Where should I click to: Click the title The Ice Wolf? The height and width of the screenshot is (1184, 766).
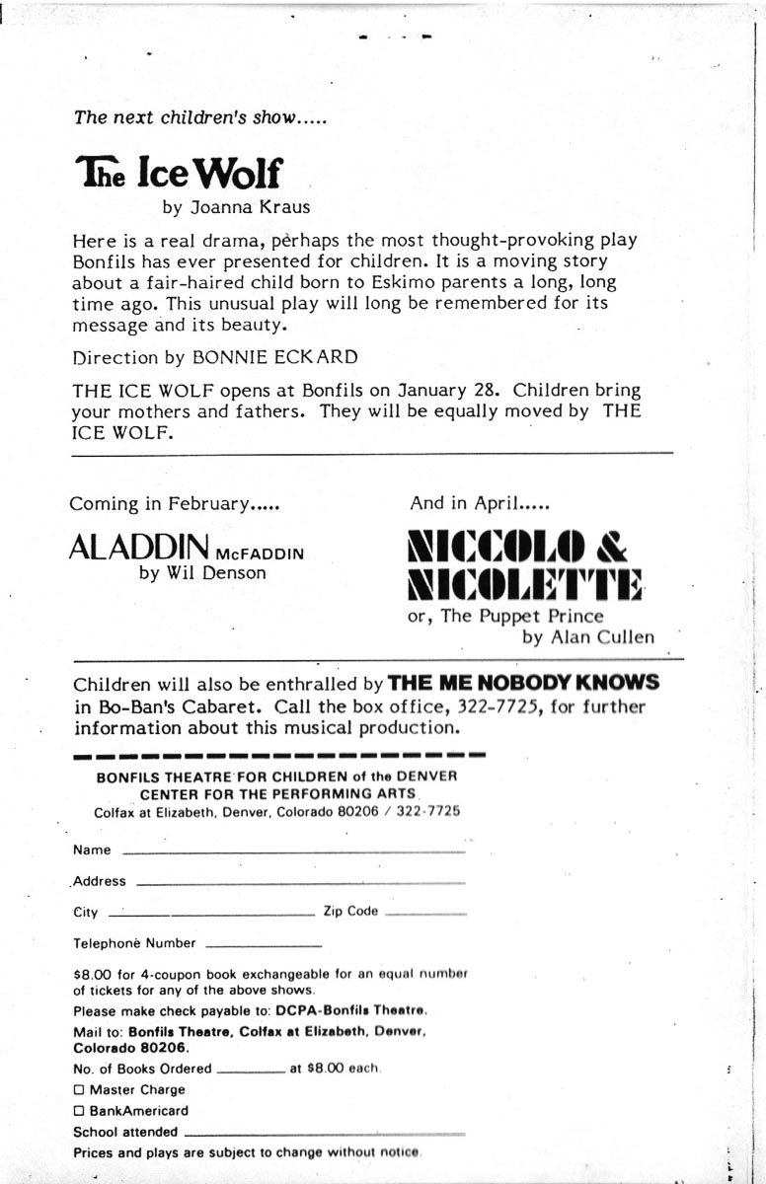tap(178, 174)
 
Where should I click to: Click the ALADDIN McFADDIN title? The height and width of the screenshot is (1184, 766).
tap(186, 548)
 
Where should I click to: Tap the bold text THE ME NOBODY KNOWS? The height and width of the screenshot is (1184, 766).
tap(523, 683)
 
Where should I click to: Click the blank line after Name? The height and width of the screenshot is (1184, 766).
tap(292, 851)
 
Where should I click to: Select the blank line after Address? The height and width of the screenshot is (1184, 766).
tap(298, 882)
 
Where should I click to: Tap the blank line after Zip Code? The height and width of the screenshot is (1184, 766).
tap(425, 915)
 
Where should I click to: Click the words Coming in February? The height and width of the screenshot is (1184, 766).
tap(174, 503)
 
